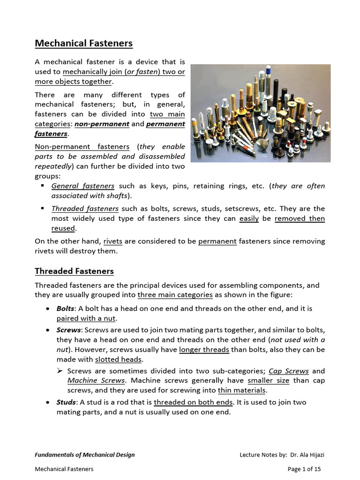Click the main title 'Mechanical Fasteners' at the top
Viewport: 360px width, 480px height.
click(84, 44)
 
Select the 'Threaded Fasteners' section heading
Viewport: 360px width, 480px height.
click(74, 271)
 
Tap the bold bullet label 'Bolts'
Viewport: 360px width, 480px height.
click(65, 309)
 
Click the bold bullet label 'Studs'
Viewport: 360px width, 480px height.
click(66, 402)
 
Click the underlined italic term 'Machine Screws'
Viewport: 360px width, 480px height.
click(96, 380)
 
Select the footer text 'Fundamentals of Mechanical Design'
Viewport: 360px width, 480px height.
click(85, 455)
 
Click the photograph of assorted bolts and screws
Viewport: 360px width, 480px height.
click(260, 113)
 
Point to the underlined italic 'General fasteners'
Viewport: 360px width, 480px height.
click(83, 186)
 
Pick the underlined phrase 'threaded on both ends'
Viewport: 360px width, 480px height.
click(193, 402)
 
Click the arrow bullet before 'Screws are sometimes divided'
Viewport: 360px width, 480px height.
click(60, 371)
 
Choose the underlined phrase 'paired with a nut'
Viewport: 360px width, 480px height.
click(86, 318)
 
